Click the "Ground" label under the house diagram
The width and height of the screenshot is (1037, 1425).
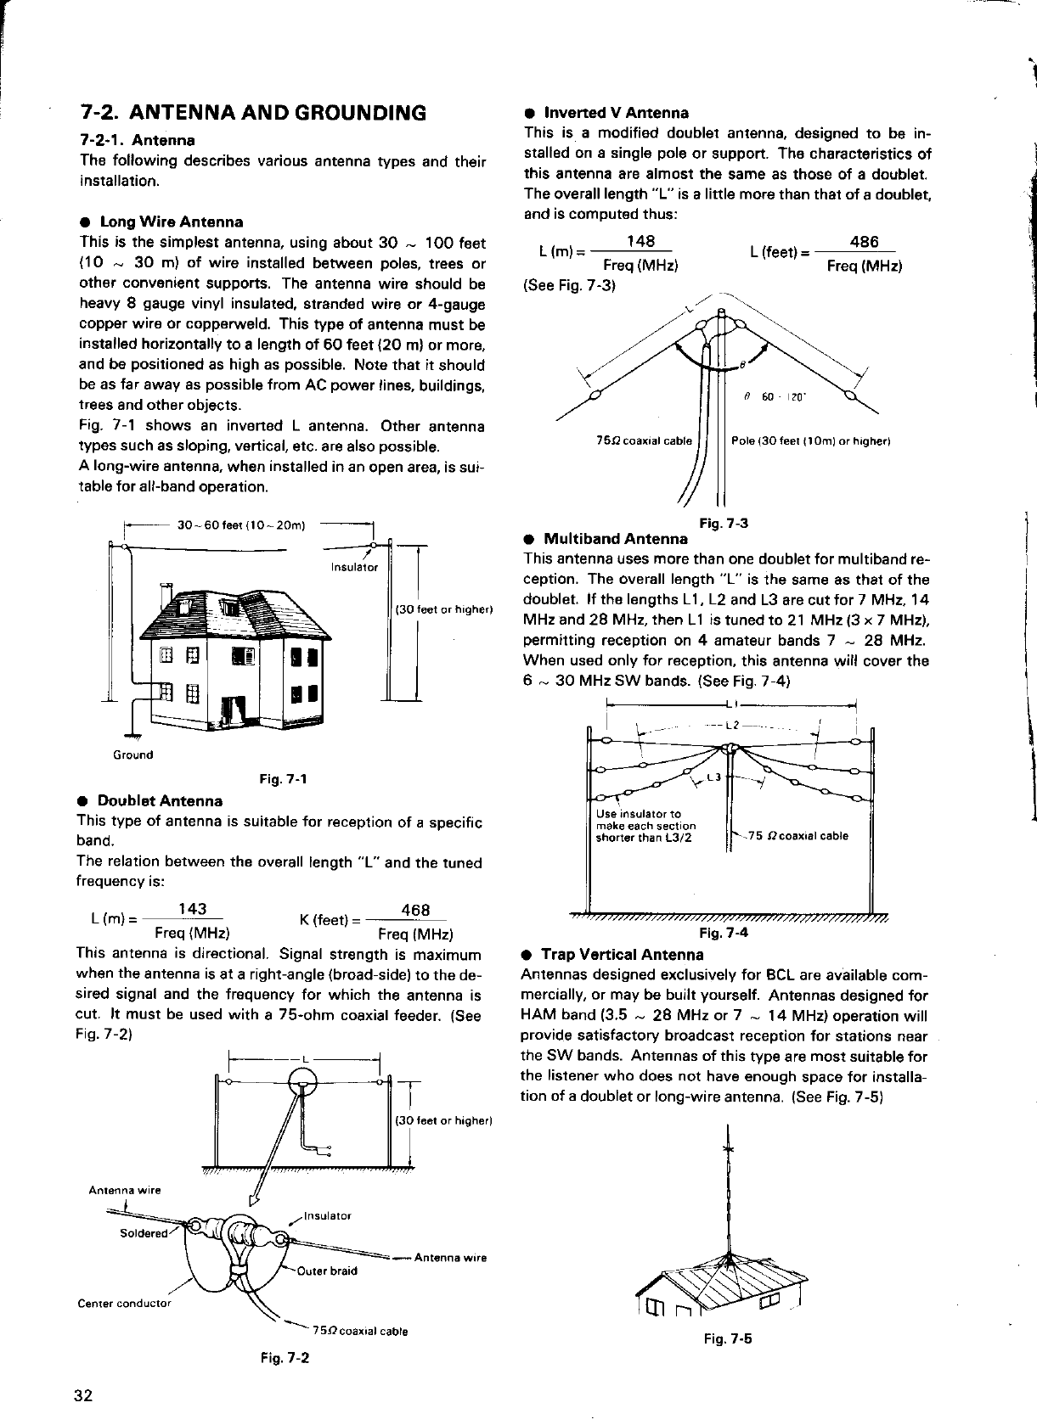[x=133, y=755]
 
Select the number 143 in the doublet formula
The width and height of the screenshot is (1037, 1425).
[x=194, y=909]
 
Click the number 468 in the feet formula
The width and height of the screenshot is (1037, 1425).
[x=414, y=910]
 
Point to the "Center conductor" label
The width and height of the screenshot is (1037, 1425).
[x=124, y=1303]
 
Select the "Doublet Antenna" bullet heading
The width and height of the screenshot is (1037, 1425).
[x=160, y=800]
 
